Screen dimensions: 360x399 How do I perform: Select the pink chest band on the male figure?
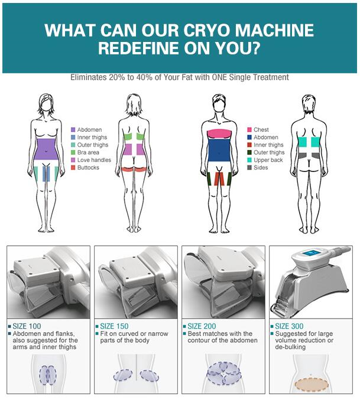click(x=219, y=134)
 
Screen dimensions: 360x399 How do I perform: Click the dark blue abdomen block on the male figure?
click(x=219, y=150)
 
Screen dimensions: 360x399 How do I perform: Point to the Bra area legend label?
click(x=88, y=153)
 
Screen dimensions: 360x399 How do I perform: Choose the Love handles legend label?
click(x=94, y=160)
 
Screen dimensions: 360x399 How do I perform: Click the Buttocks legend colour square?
click(x=73, y=168)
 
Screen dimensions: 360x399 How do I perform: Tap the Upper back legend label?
click(x=268, y=160)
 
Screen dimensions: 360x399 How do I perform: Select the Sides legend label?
click(x=261, y=168)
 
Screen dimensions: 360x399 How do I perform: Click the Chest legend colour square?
click(x=249, y=130)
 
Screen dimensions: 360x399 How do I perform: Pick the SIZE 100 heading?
click(x=27, y=326)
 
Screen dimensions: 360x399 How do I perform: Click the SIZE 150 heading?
click(x=114, y=326)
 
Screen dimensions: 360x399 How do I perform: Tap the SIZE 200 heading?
click(x=202, y=326)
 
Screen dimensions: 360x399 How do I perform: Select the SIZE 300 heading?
click(x=289, y=326)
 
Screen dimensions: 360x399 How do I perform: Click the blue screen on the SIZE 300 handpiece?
click(x=311, y=253)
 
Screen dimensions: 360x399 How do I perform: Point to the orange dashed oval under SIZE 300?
click(x=311, y=384)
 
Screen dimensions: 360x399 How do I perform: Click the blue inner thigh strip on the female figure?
click(x=46, y=174)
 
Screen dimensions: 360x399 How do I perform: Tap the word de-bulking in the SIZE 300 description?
click(x=290, y=347)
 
